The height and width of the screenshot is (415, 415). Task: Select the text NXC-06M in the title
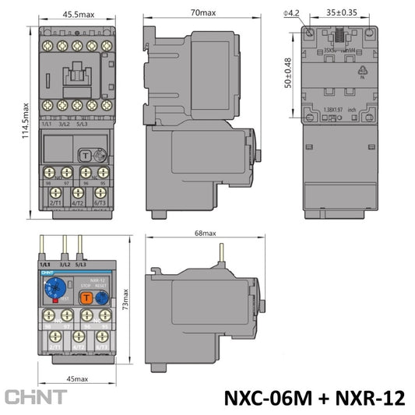click(269, 398)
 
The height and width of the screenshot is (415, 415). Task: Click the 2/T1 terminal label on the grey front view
click(55, 203)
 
